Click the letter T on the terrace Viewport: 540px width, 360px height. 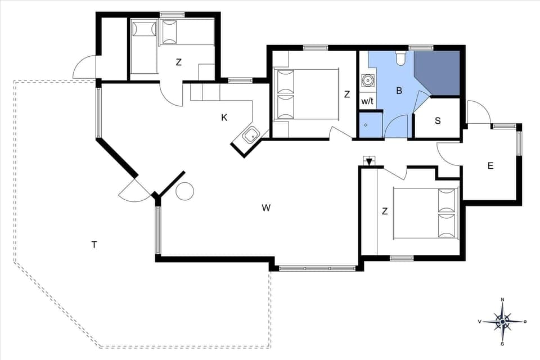click(94, 244)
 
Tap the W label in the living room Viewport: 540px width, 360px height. click(266, 208)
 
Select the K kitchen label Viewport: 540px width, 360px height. click(224, 118)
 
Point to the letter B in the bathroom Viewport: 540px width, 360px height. click(399, 90)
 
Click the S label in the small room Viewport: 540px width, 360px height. click(438, 121)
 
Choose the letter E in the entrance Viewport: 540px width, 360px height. click(490, 166)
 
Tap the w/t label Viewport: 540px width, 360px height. click(367, 102)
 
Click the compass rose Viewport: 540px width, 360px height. click(502, 322)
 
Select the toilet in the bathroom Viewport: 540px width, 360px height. click(400, 57)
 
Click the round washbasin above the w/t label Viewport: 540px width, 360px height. click(368, 80)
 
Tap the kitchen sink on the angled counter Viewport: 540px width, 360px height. click(251, 135)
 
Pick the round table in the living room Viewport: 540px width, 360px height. click(184, 192)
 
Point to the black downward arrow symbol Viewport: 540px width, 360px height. click(368, 162)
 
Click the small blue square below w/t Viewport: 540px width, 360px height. click(367, 124)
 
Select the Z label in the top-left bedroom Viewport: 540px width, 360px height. click(178, 62)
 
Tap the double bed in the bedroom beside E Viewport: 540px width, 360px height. click(426, 213)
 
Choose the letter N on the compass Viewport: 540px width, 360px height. click(502, 300)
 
